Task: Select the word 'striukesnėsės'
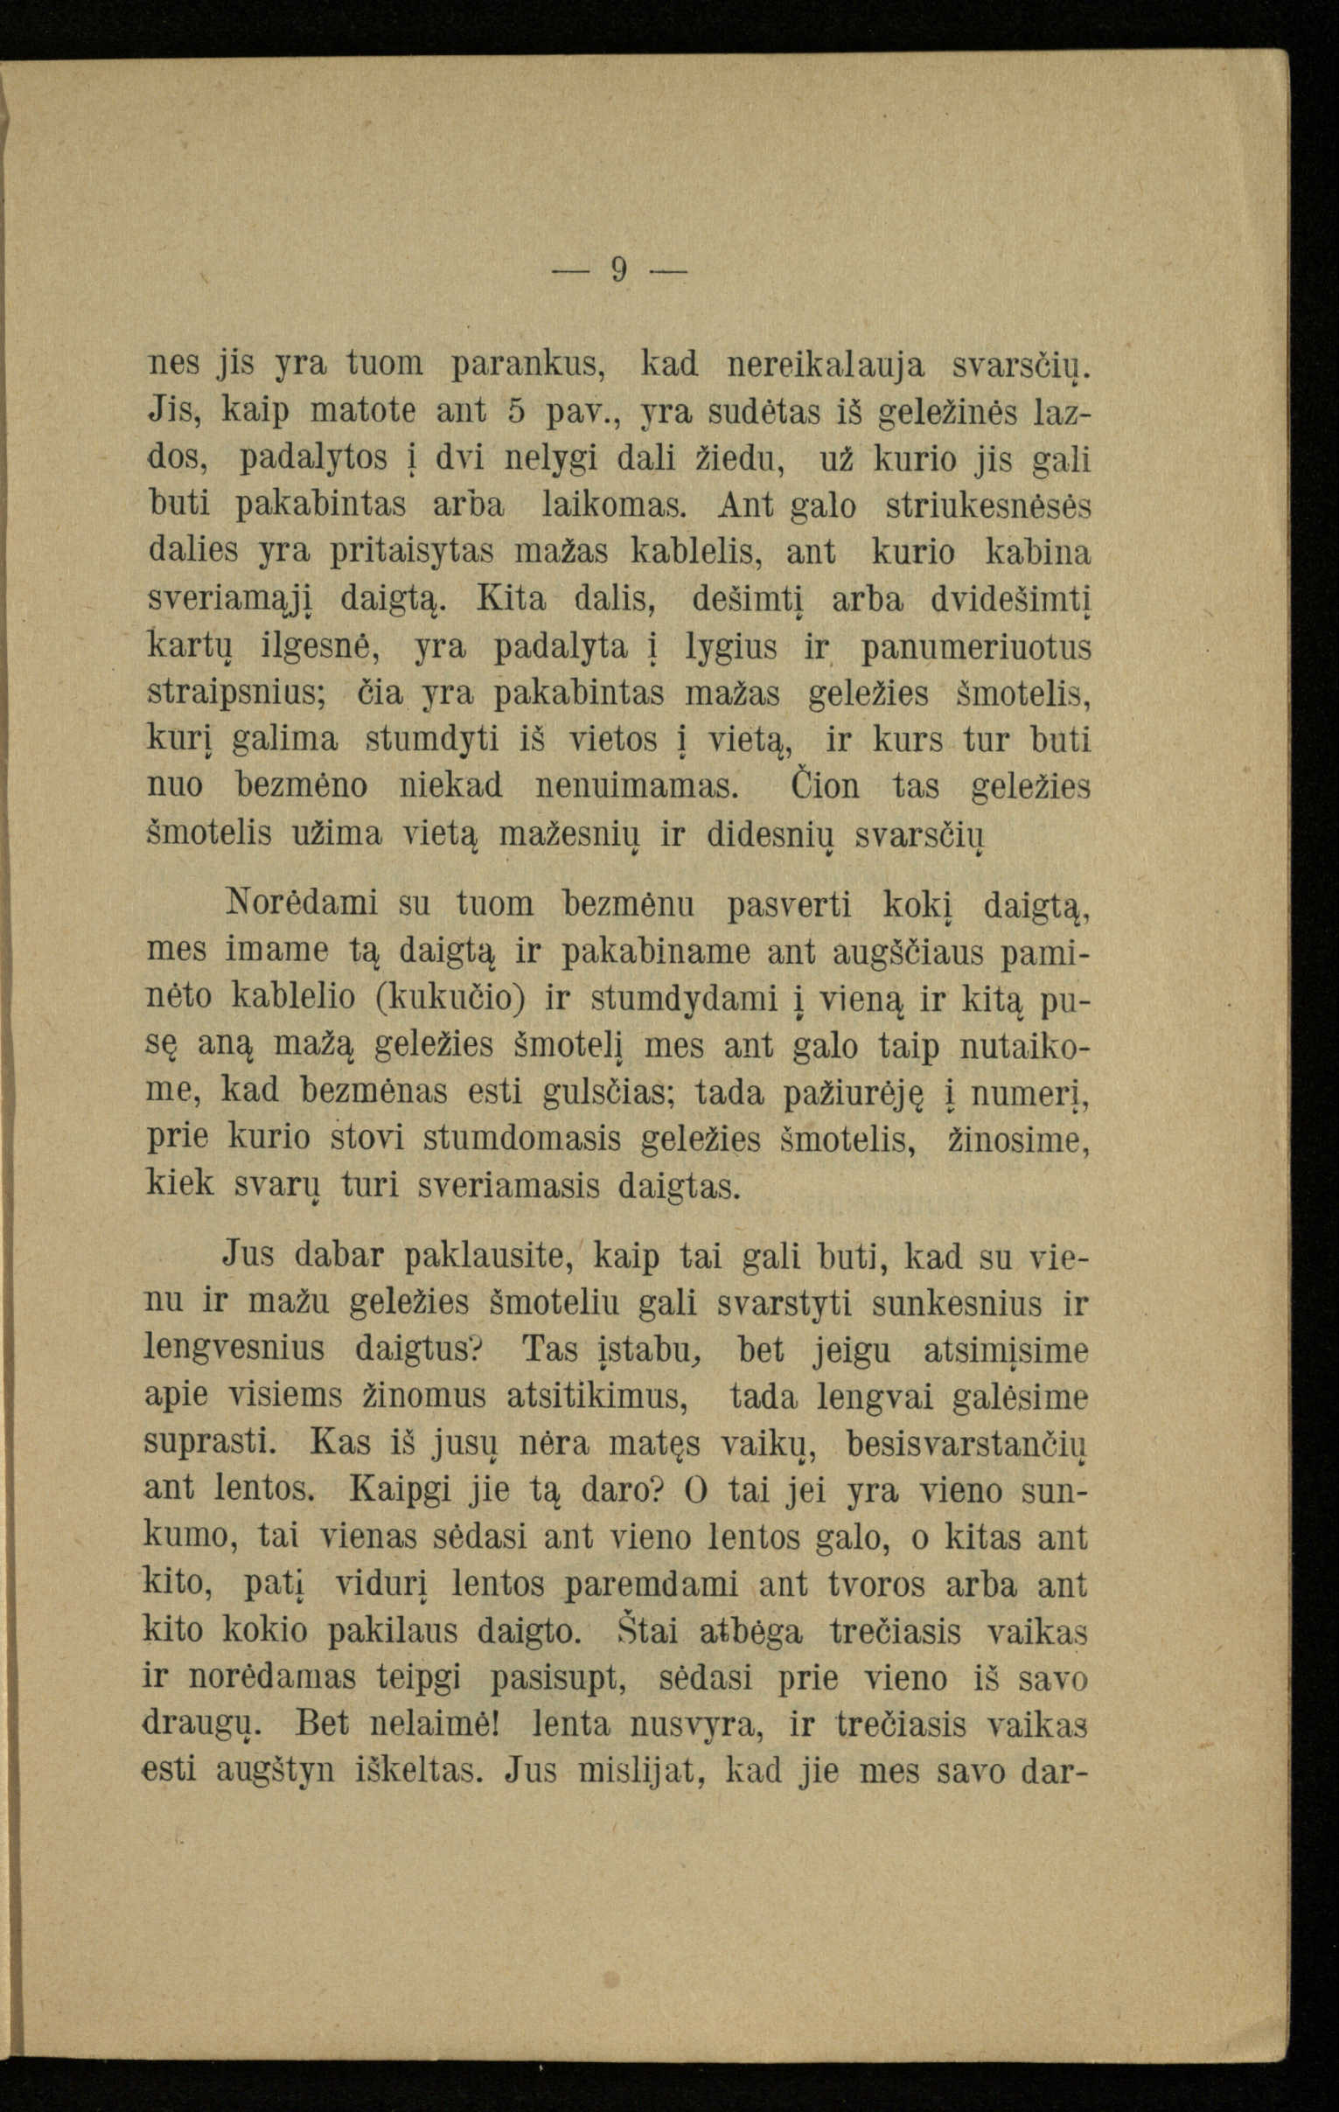tap(988, 506)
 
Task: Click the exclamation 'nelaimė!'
tap(436, 1725)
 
